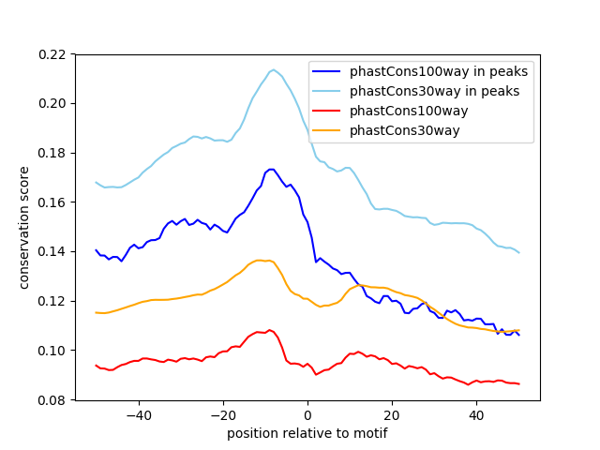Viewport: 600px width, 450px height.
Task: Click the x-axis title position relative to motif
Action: [307, 433]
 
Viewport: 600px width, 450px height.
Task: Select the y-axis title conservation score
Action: [25, 228]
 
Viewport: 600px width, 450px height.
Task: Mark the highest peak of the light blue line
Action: [274, 69]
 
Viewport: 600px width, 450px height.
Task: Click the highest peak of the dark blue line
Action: [271, 169]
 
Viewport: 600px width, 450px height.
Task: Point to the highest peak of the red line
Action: [270, 330]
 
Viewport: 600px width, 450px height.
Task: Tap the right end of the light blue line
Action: [518, 252]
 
